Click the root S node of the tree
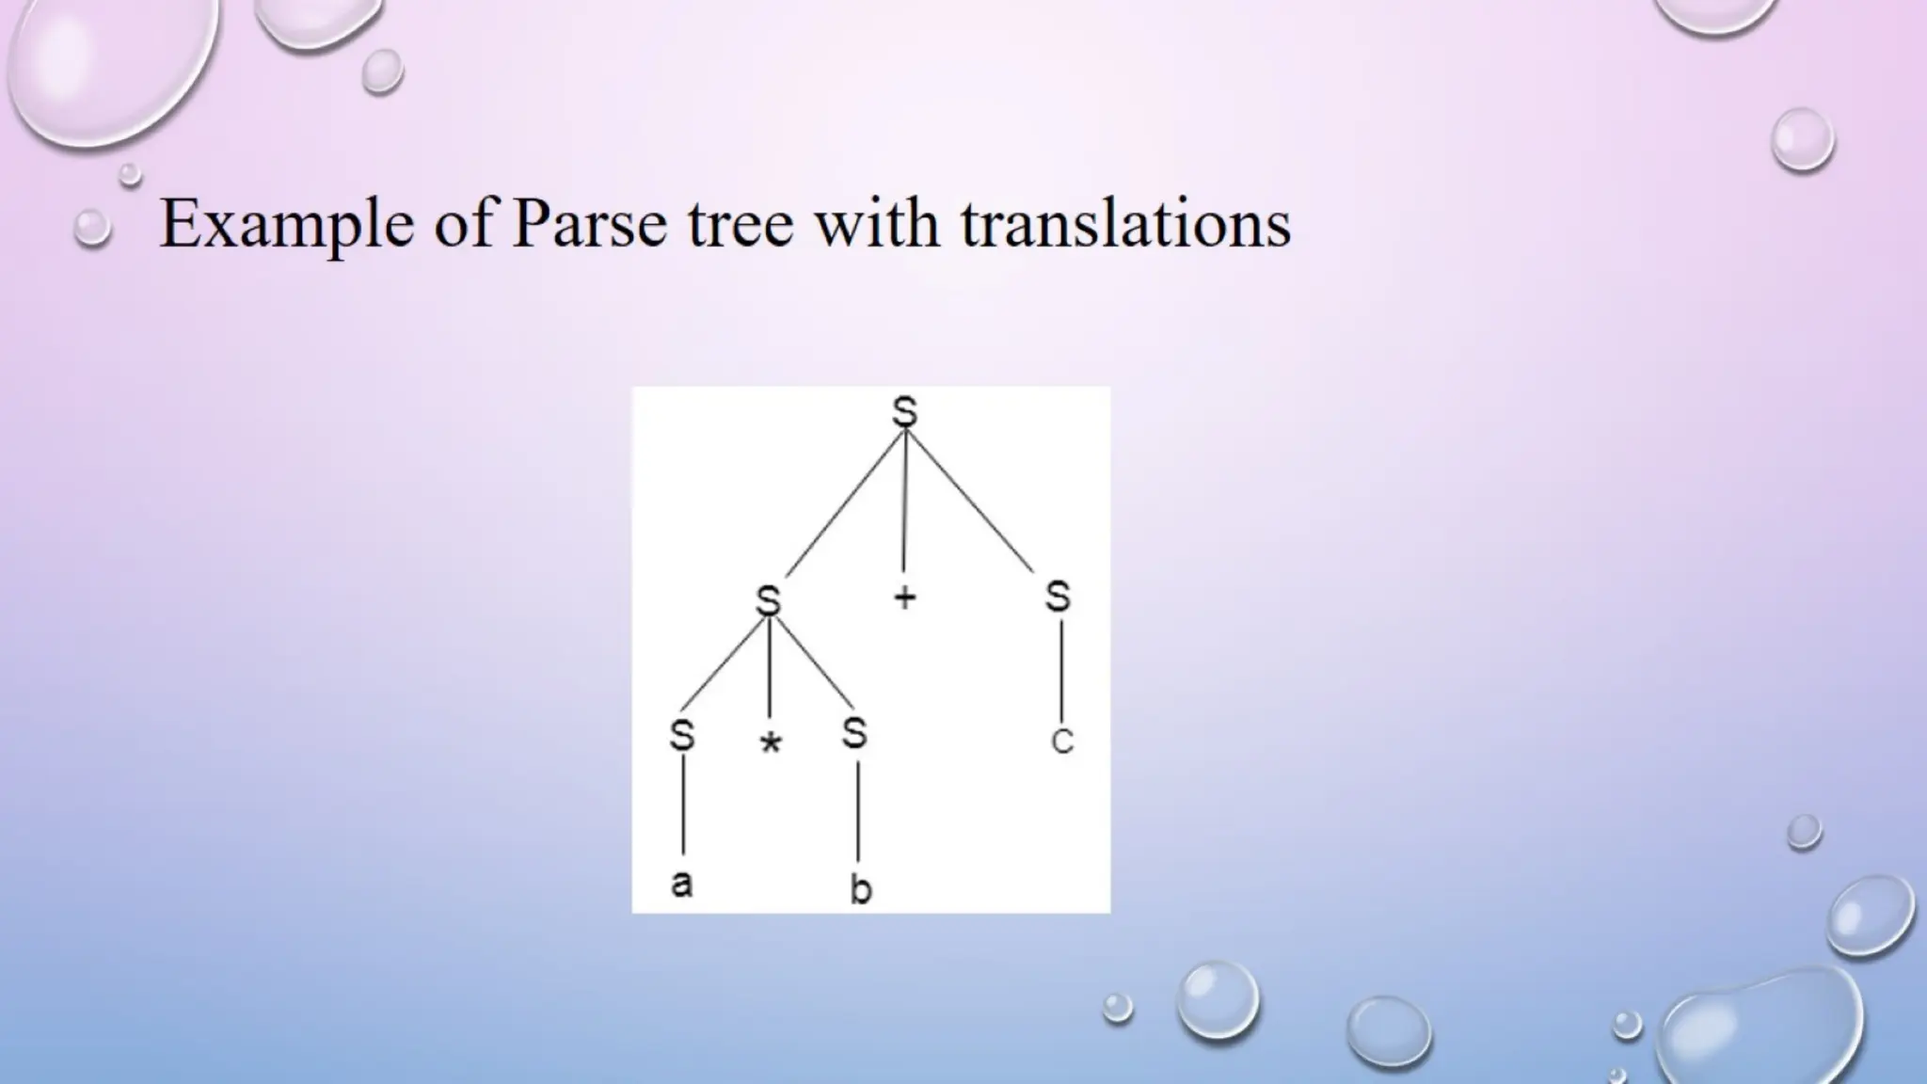click(904, 412)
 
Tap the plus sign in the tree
click(904, 598)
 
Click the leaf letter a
click(682, 883)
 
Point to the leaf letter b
click(860, 888)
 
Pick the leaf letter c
click(1061, 742)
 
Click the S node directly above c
click(1058, 596)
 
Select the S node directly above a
click(682, 736)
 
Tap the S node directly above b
click(854, 733)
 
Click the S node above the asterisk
click(769, 599)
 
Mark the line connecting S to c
click(1060, 670)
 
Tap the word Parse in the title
click(589, 225)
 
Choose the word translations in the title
click(1125, 225)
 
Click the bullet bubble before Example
click(92, 229)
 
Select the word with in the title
click(877, 225)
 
